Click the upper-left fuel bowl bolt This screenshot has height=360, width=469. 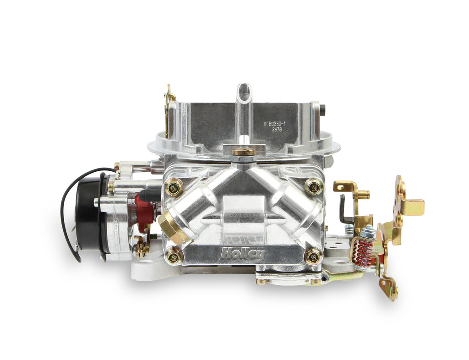pyautogui.click(x=174, y=187)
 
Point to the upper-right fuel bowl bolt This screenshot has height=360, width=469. pyautogui.click(x=313, y=186)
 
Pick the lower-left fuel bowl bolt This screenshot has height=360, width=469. pyautogui.click(x=174, y=257)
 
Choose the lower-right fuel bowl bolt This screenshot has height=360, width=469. pyautogui.click(x=313, y=256)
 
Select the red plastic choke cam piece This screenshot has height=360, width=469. pyautogui.click(x=145, y=211)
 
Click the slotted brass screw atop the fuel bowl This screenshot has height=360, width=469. pyautogui.click(x=243, y=152)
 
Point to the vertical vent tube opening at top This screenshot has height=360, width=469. pyautogui.click(x=244, y=91)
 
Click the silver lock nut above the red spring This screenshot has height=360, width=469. pyautogui.click(x=367, y=234)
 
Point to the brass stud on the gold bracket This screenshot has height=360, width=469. pyautogui.click(x=363, y=194)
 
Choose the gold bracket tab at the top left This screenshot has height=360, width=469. pyautogui.click(x=169, y=97)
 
